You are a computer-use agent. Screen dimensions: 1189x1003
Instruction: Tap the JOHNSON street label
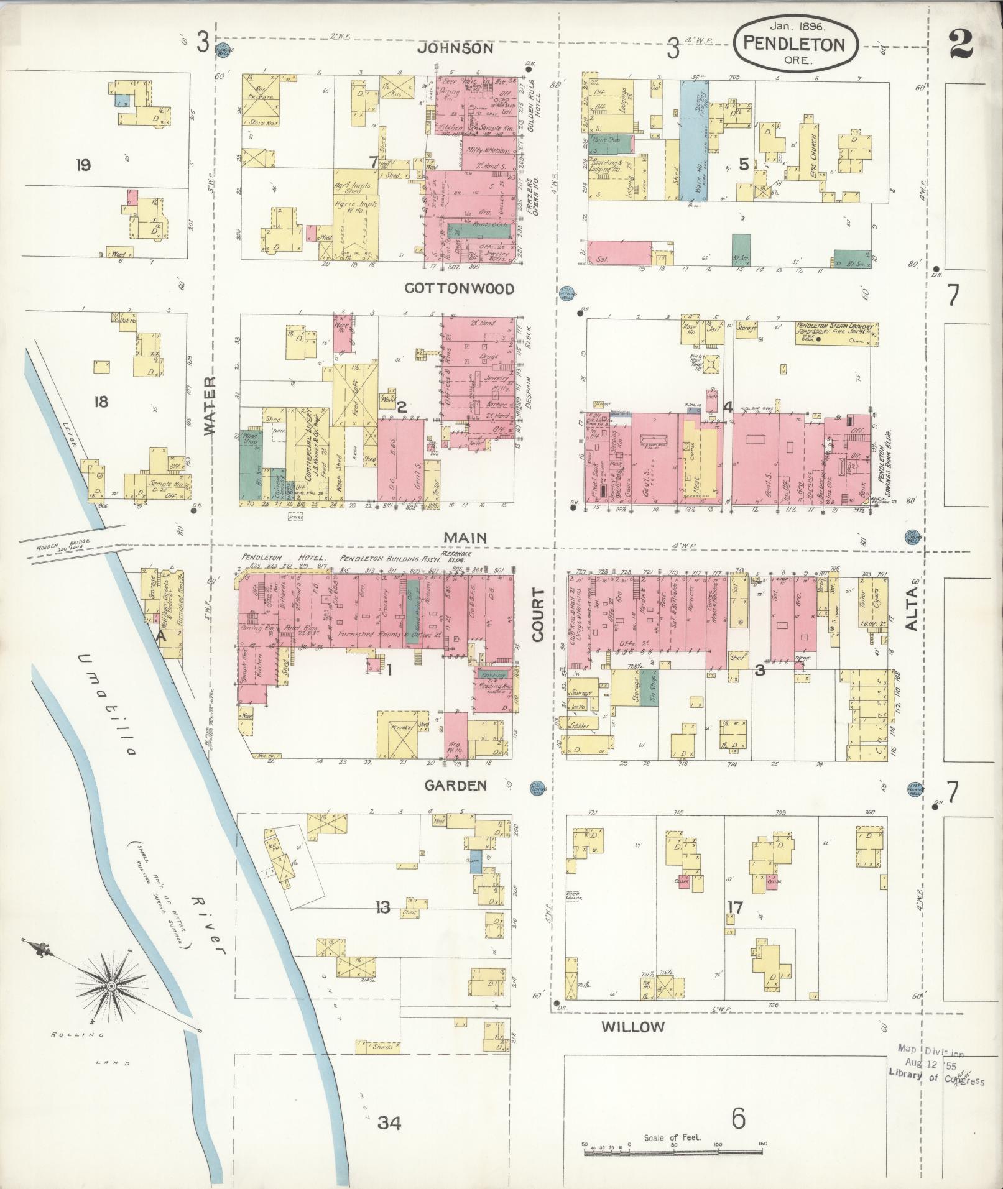coord(455,48)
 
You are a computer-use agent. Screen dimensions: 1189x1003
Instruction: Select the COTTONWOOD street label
coord(459,288)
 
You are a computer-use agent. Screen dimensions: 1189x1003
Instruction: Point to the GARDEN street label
coord(455,786)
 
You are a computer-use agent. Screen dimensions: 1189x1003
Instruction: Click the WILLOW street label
coord(633,1027)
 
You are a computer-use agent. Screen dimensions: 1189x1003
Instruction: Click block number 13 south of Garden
coord(382,908)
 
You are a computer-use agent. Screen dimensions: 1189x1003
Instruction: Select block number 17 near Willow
coord(734,908)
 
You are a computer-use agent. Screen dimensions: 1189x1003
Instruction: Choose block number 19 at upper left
coord(83,165)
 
